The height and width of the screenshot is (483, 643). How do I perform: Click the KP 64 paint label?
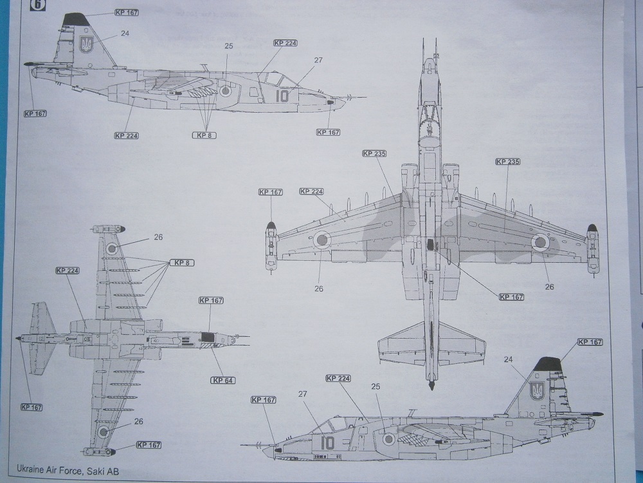pyautogui.click(x=222, y=380)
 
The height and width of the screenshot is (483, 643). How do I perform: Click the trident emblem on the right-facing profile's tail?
pyautogui.click(x=86, y=44)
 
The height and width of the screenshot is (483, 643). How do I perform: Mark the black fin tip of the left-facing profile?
pyautogui.click(x=547, y=365)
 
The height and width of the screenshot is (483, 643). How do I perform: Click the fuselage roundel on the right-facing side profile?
pyautogui.click(x=226, y=91)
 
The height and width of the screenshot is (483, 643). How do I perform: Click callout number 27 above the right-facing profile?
pyautogui.click(x=318, y=60)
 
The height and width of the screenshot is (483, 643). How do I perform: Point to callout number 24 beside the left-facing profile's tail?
pyautogui.click(x=509, y=359)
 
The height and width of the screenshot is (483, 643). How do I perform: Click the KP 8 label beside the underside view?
pyautogui.click(x=182, y=263)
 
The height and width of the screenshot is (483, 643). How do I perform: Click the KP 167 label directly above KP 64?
pyautogui.click(x=211, y=300)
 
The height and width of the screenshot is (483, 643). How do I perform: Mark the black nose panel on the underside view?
pyautogui.click(x=207, y=336)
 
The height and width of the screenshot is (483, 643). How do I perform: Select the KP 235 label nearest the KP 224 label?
pyautogui.click(x=374, y=153)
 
